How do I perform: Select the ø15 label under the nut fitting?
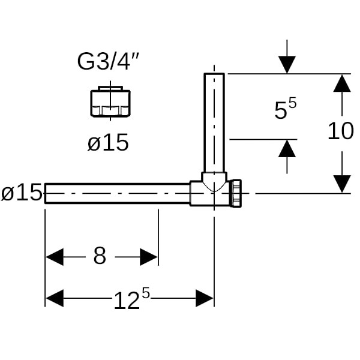pyautogui.click(x=108, y=143)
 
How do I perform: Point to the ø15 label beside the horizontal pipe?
pyautogui.click(x=22, y=193)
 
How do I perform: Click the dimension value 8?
pyautogui.click(x=100, y=256)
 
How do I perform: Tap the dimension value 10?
pyautogui.click(x=341, y=130)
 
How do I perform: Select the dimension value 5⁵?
pyautogui.click(x=286, y=109)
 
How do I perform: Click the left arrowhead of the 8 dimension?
pyautogui.click(x=55, y=257)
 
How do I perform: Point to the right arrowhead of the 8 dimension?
pyautogui.click(x=149, y=257)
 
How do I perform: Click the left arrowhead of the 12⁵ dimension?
pyautogui.click(x=55, y=298)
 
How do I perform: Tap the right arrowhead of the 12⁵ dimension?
pyautogui.click(x=205, y=298)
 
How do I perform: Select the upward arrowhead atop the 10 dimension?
pyautogui.click(x=341, y=83)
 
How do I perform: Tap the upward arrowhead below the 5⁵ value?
pyautogui.click(x=287, y=149)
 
